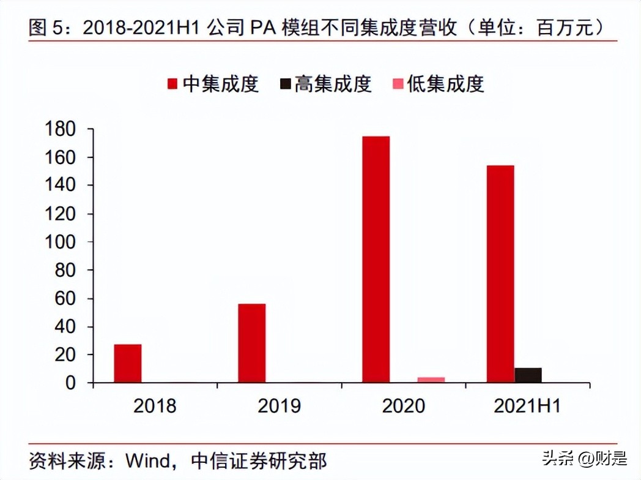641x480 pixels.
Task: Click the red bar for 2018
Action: click(x=128, y=364)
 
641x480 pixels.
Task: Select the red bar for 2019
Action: click(x=252, y=343)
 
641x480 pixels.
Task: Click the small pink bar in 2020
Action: click(x=431, y=380)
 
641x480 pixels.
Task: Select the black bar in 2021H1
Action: click(x=528, y=375)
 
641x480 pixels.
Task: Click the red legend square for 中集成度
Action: click(x=172, y=84)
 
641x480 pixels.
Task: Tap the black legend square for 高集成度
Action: click(x=286, y=84)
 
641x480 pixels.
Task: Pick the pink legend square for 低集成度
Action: click(x=398, y=84)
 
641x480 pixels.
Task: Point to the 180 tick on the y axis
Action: click(x=61, y=129)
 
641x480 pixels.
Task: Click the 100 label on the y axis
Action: click(x=61, y=242)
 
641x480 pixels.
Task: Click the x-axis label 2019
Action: click(x=279, y=405)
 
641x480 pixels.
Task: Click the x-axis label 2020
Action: click(x=403, y=405)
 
